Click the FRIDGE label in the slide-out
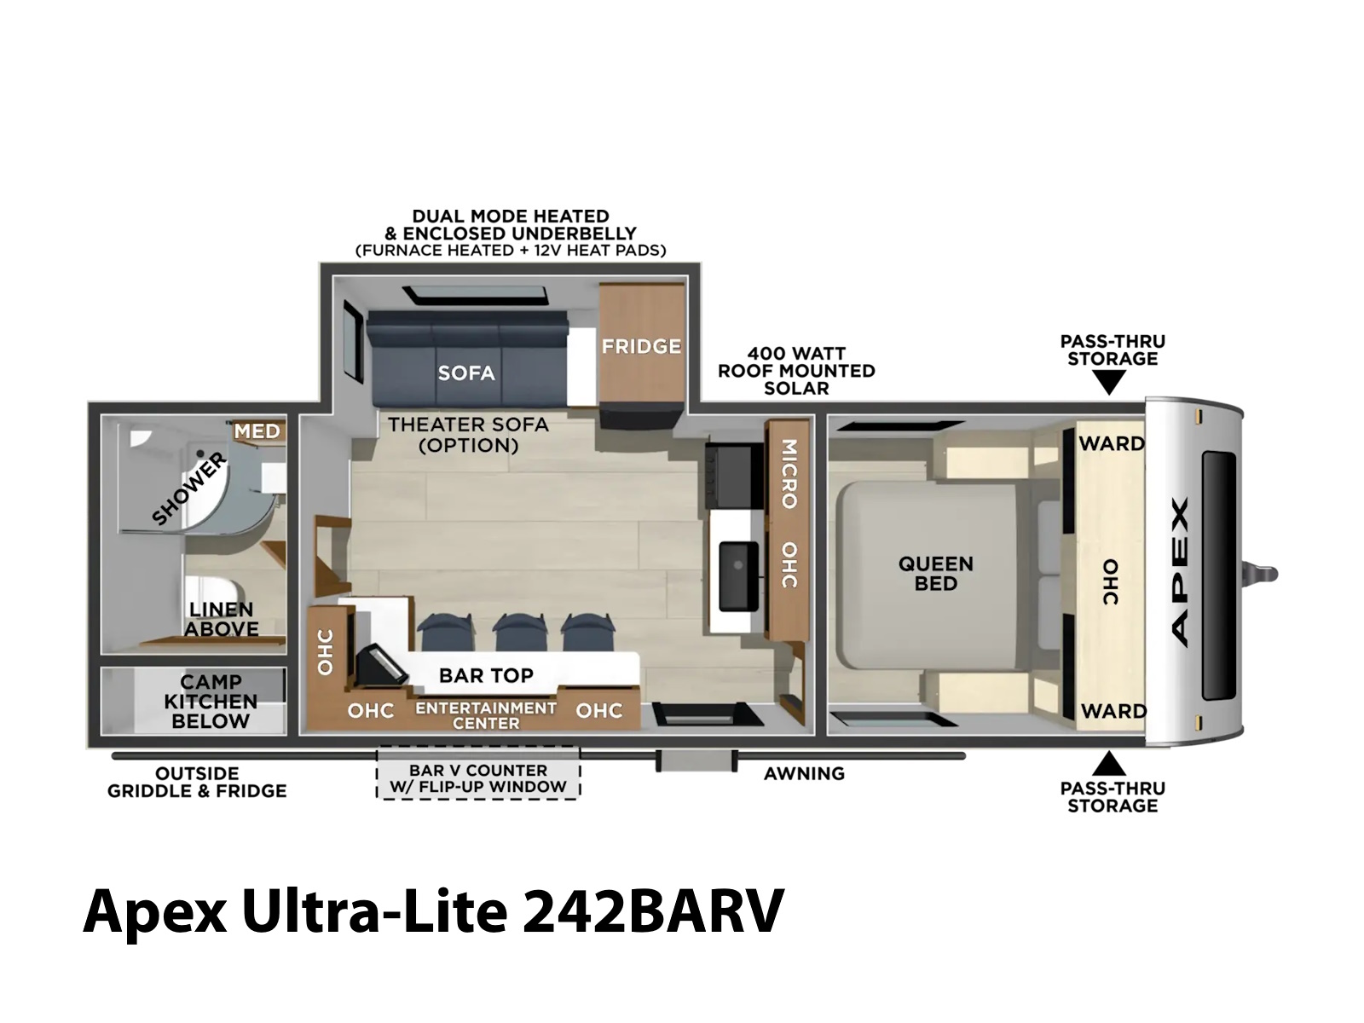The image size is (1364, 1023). point(641,346)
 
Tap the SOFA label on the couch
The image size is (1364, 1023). point(466,373)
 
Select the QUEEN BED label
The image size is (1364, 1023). point(935,573)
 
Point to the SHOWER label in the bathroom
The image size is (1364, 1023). point(189,488)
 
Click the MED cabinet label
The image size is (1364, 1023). point(257,431)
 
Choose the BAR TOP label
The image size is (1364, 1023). point(486,675)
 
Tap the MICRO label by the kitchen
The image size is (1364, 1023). point(789,474)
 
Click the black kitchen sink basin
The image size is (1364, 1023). point(738,575)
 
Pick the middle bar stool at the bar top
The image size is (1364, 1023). point(514,633)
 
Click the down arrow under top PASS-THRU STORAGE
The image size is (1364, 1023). point(1108,381)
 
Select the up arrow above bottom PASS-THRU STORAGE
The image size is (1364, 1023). point(1108,763)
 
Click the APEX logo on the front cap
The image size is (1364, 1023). point(1180,571)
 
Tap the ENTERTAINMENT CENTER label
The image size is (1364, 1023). point(486,715)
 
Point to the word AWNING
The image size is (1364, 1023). point(804,773)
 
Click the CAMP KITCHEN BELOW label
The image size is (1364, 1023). point(211,702)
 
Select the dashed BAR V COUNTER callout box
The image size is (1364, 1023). point(478,772)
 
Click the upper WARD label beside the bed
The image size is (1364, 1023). point(1112,443)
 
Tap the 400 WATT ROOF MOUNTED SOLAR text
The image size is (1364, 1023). point(796,371)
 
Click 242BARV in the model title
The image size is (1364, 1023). point(653,911)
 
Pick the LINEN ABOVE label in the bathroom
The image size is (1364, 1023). point(221,619)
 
